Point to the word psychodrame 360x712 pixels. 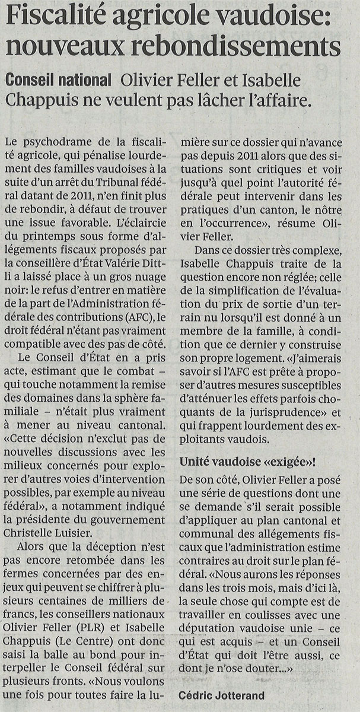(x=56, y=142)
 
